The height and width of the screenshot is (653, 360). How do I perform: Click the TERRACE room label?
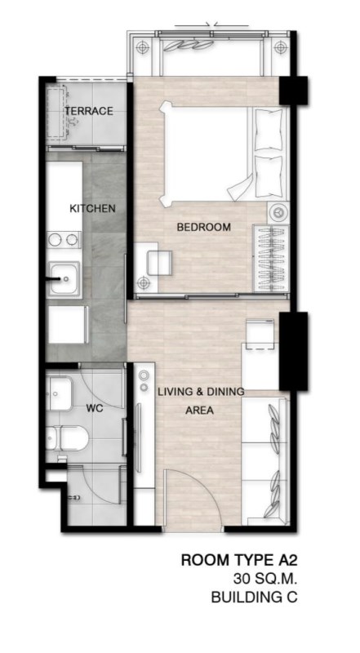pyautogui.click(x=89, y=111)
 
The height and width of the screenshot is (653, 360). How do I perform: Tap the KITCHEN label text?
pyautogui.click(x=92, y=208)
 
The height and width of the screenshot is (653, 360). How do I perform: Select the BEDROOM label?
pyautogui.click(x=204, y=228)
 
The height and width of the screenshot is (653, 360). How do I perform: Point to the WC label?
pyautogui.click(x=95, y=409)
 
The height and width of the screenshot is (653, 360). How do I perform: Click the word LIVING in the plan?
pyautogui.click(x=176, y=392)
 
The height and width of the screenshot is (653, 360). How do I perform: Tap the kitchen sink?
pyautogui.click(x=64, y=279)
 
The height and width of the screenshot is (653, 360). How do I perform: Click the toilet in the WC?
pyautogui.click(x=67, y=438)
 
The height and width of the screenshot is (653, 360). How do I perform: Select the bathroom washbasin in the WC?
pyautogui.click(x=59, y=393)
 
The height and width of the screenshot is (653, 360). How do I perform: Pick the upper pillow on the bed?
pyautogui.click(x=269, y=130)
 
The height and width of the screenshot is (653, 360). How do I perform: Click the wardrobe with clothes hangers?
pyautogui.click(x=271, y=259)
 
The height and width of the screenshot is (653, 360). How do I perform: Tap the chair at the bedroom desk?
pyautogui.click(x=159, y=263)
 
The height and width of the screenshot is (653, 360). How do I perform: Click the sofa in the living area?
pyautogui.click(x=265, y=461)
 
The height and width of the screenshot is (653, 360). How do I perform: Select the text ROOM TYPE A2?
pyautogui.click(x=238, y=560)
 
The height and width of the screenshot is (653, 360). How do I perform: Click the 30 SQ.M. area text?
pyautogui.click(x=265, y=579)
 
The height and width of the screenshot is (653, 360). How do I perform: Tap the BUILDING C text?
pyautogui.click(x=254, y=597)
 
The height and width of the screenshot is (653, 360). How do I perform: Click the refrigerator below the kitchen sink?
pyautogui.click(x=67, y=324)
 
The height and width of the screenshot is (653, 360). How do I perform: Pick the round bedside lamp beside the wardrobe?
pyautogui.click(x=278, y=212)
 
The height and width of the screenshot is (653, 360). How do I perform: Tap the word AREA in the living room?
pyautogui.click(x=199, y=411)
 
